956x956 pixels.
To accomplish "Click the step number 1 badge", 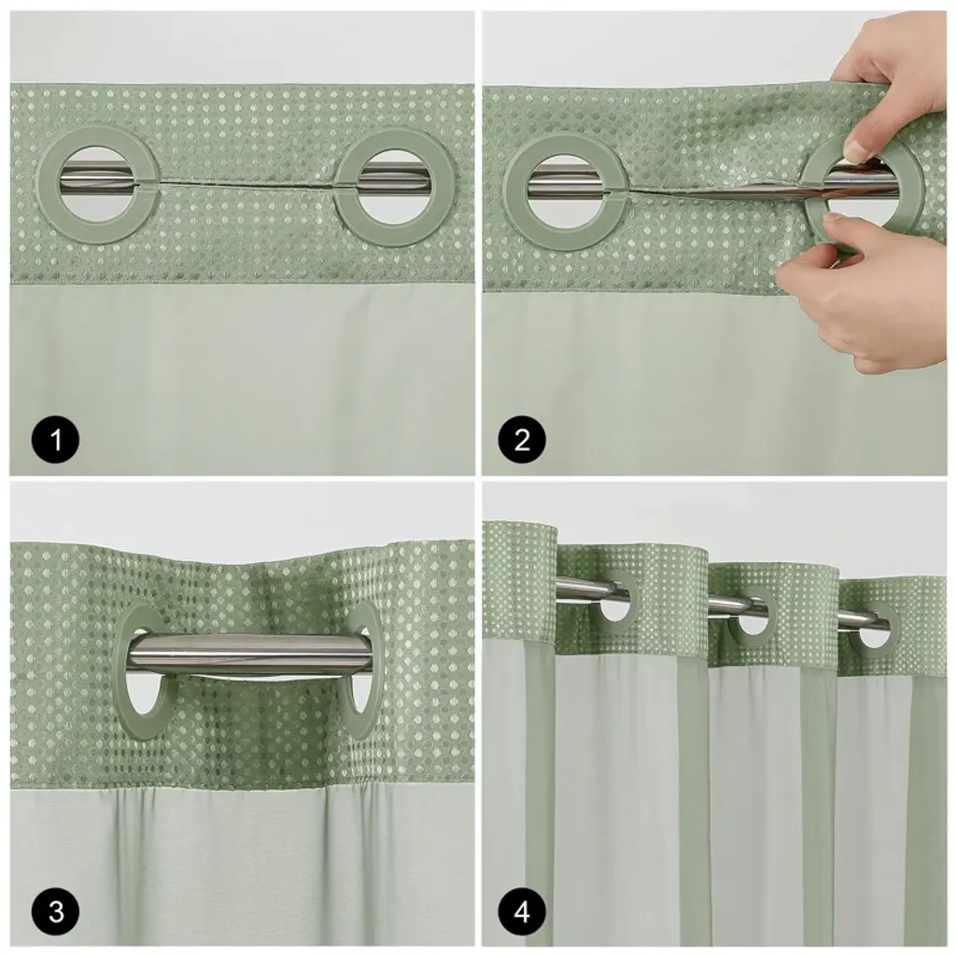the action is coord(55,439).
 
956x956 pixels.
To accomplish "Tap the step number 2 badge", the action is coord(522,439).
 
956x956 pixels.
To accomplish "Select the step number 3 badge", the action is coord(55,912).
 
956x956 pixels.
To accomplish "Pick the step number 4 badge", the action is coord(522,912).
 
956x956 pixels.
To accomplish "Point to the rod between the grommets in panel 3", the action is coord(250,654).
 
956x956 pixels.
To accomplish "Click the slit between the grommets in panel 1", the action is coord(246,184).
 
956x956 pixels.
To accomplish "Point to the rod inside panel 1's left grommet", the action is coord(101,178).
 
